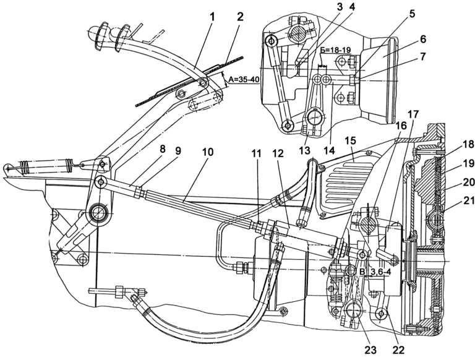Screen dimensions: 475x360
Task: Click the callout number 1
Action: (212, 17)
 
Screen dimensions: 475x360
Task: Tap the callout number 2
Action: (240, 17)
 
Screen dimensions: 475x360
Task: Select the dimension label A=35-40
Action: (244, 80)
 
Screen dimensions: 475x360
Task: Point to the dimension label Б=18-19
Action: (336, 49)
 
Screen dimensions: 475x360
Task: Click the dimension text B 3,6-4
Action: (375, 272)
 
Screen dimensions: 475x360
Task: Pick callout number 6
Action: (423, 40)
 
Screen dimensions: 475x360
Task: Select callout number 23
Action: (370, 350)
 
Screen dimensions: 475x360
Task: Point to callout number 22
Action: (398, 350)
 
